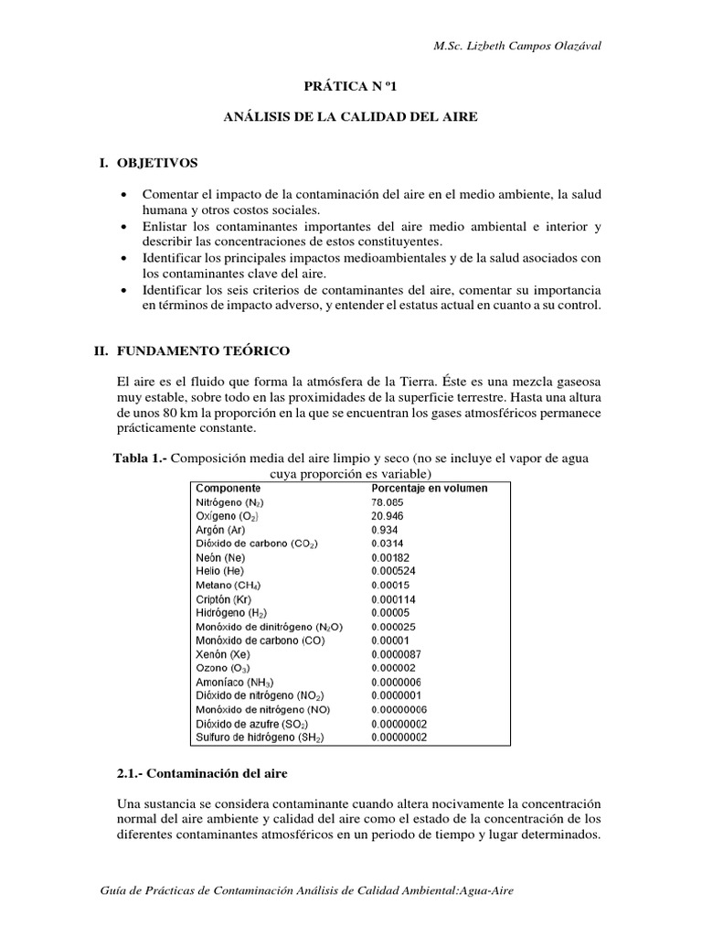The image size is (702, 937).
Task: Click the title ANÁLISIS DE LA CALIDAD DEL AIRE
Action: point(352,118)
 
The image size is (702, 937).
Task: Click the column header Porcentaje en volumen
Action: point(430,488)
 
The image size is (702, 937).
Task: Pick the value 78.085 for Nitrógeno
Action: point(388,502)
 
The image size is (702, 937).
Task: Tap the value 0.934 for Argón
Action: point(384,530)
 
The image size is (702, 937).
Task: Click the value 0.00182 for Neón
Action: point(391,557)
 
